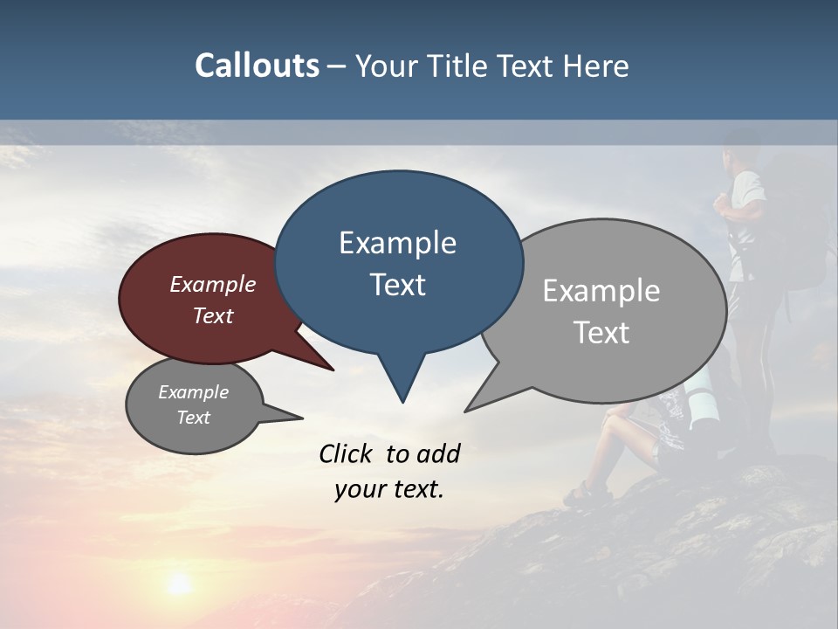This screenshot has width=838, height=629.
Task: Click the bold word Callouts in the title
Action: click(257, 66)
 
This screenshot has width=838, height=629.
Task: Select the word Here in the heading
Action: click(596, 66)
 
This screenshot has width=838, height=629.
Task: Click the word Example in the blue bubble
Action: click(397, 243)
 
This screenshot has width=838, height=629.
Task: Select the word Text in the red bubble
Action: click(213, 316)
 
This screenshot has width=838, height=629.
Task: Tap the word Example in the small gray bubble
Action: click(193, 392)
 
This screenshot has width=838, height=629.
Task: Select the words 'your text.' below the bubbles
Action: click(388, 490)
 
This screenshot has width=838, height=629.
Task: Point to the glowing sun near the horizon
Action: click(179, 584)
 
